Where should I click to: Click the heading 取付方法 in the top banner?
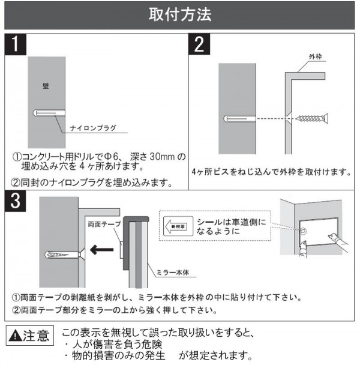click(x=180, y=14)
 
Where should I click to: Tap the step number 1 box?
click(x=16, y=44)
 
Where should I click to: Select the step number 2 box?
click(x=199, y=44)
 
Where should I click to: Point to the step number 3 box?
click(x=16, y=201)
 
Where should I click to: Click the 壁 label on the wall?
click(x=46, y=86)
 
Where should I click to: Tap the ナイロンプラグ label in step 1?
click(x=93, y=128)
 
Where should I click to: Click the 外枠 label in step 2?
click(x=316, y=56)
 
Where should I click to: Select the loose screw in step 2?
click(x=312, y=118)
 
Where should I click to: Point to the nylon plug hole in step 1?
click(x=49, y=113)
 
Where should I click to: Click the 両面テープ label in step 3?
click(x=104, y=224)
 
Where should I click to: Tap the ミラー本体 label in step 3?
click(x=173, y=273)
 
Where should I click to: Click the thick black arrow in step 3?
click(x=101, y=250)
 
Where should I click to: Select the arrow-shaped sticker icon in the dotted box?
click(x=178, y=226)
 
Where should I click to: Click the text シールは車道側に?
click(x=232, y=222)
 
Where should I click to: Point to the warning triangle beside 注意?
click(x=15, y=336)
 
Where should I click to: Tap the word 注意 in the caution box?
click(x=36, y=336)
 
